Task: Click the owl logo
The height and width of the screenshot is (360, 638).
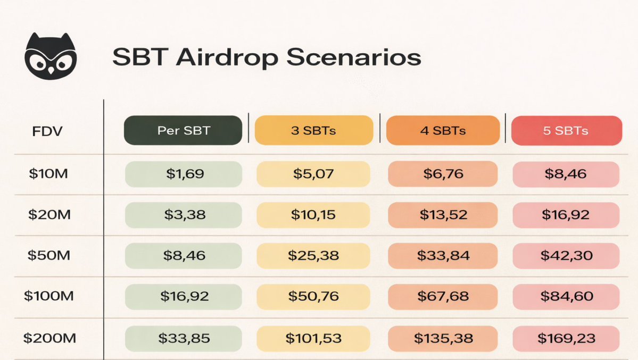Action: pos(51,56)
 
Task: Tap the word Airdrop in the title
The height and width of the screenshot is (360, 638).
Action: pos(227,57)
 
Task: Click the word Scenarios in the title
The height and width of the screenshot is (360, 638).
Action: pos(353,56)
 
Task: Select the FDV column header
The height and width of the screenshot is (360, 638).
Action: pos(47,131)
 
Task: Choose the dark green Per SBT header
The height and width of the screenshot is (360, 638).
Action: pos(183,130)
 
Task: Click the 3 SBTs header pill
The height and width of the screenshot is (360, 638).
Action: pos(314,130)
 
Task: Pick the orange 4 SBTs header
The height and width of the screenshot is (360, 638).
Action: pos(443,130)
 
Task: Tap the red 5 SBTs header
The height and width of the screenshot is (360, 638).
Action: pos(566,131)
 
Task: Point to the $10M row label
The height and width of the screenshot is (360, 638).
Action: pos(48,174)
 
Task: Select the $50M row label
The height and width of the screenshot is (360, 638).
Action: pos(49,255)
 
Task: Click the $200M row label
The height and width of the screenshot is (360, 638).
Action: pos(49,338)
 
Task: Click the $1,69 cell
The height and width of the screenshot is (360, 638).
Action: pos(184,174)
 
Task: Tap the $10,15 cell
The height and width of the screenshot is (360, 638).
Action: pos(313,215)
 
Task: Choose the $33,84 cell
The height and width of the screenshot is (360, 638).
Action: pos(443,256)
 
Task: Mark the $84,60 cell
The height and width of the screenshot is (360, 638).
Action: pos(566,297)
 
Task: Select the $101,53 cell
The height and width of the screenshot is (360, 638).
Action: pos(313,338)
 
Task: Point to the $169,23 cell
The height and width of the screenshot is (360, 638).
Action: pos(566,338)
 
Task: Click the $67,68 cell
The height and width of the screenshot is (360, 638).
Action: pos(443,297)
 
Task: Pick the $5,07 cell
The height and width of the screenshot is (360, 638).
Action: pos(313,174)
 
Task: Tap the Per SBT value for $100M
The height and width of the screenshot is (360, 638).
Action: pos(184,297)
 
